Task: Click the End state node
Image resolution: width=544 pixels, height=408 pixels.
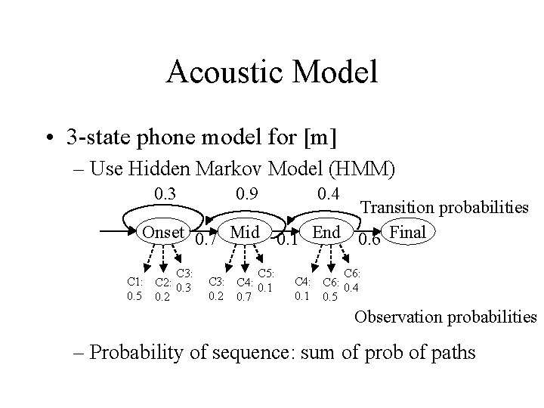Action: click(326, 232)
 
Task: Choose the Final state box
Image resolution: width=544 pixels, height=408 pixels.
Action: click(409, 232)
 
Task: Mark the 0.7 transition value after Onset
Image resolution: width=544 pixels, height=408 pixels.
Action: click(204, 241)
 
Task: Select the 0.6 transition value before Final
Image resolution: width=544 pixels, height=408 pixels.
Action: click(369, 241)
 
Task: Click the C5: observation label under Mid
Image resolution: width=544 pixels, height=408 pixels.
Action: click(265, 274)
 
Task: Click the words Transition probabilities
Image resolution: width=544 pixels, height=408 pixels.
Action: click(444, 206)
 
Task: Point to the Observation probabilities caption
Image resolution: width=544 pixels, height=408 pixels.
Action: click(445, 317)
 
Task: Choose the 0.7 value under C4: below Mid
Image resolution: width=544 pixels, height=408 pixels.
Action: click(243, 296)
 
